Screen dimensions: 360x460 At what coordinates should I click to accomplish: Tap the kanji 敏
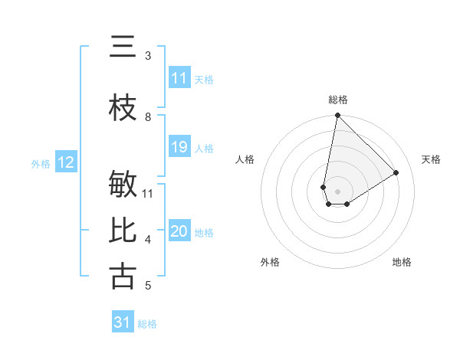point(123,186)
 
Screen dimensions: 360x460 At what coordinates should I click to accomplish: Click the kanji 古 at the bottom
point(123,276)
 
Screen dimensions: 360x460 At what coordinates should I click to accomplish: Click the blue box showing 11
point(179,78)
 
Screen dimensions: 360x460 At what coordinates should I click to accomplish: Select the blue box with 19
point(179,147)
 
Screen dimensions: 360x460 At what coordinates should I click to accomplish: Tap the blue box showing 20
point(179,231)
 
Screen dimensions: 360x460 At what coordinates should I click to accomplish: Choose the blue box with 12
point(65,162)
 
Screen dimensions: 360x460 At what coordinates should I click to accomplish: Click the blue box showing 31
point(123,322)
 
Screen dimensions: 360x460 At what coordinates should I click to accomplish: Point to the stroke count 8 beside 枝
point(148,117)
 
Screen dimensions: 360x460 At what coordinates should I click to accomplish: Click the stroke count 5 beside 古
point(148,286)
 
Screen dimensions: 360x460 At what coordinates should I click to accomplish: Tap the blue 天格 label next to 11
point(204,79)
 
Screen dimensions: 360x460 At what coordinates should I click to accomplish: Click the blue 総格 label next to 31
point(147,323)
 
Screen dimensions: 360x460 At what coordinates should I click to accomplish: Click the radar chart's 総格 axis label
point(338,100)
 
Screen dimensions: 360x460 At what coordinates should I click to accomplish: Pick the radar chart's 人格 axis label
point(245,159)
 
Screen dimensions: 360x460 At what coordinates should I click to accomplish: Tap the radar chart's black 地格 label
point(402,262)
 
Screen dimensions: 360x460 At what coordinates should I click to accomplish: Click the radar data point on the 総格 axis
point(337,116)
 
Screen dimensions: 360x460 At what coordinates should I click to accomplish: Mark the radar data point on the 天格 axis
point(396,172)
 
